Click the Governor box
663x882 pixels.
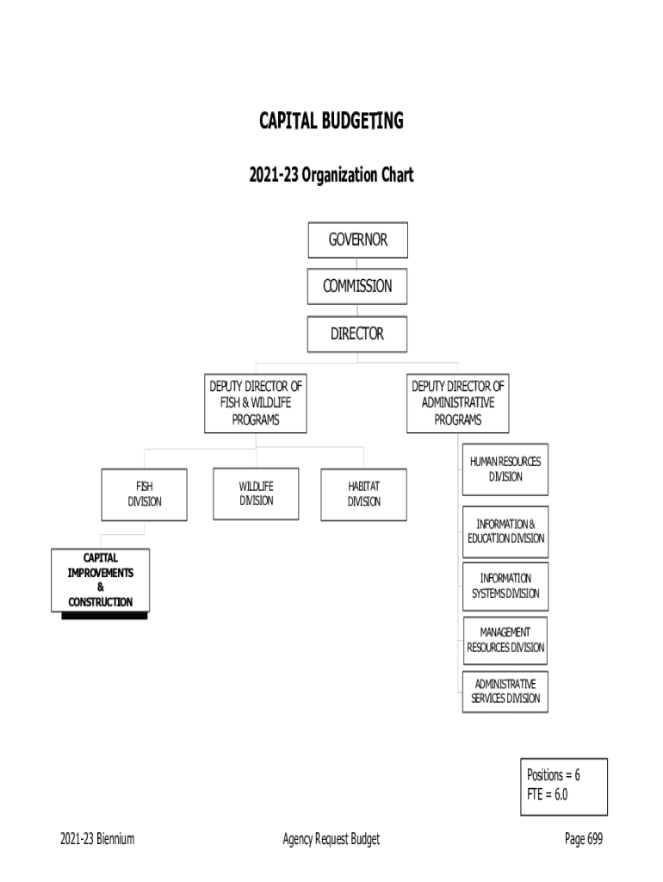[x=357, y=240]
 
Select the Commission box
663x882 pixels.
[x=357, y=287]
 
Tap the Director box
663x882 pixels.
[x=357, y=334]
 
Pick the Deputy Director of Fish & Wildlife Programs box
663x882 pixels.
[x=256, y=403]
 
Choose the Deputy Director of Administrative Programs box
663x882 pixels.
[x=457, y=403]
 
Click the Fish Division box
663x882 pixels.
[x=144, y=494]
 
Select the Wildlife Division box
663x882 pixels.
[x=256, y=494]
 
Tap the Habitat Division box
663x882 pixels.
[x=363, y=494]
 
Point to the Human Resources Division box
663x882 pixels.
[x=505, y=469]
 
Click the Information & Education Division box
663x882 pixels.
[x=505, y=531]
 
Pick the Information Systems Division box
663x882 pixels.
[x=505, y=586]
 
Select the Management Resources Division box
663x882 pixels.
[x=505, y=640]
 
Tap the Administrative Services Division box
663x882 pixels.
[x=505, y=691]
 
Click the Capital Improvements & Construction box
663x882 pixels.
[x=100, y=581]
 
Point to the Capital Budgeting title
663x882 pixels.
[x=331, y=121]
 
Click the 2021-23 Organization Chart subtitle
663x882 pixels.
[x=331, y=176]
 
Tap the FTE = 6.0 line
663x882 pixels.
[x=548, y=794]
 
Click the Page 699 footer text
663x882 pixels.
[x=584, y=840]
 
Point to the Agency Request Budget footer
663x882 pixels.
[x=331, y=840]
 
